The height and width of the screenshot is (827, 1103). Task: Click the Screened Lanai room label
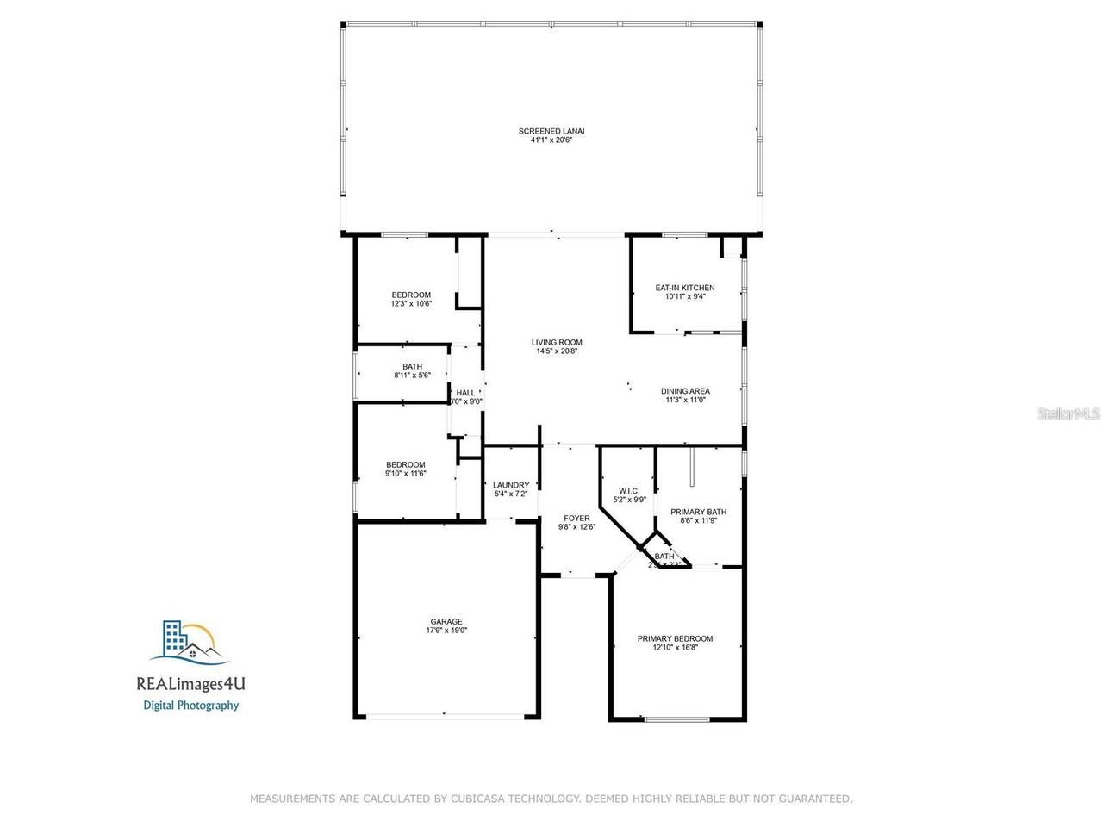click(551, 131)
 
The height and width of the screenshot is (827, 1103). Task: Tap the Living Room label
click(557, 342)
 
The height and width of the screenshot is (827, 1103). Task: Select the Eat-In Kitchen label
click(685, 288)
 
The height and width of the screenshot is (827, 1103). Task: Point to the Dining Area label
click(686, 391)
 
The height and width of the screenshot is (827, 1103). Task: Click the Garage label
click(446, 621)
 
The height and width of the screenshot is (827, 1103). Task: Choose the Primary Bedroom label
click(675, 638)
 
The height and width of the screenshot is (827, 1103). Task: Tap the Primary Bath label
click(699, 512)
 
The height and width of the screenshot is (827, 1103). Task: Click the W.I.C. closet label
click(628, 491)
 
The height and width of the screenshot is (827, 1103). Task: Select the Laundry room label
click(511, 485)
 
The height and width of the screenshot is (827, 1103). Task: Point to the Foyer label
click(576, 518)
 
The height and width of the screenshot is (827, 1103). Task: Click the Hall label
click(465, 393)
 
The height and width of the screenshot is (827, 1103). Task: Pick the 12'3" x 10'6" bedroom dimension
click(411, 303)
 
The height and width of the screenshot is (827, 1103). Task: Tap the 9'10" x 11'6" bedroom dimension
click(405, 473)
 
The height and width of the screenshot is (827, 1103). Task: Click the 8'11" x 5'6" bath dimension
click(412, 375)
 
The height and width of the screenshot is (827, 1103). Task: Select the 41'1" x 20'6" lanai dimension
click(551, 140)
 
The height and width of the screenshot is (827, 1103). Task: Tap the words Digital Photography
click(190, 705)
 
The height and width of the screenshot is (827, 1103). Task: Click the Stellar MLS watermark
click(1069, 414)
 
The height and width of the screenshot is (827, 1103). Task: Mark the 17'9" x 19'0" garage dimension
click(446, 630)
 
